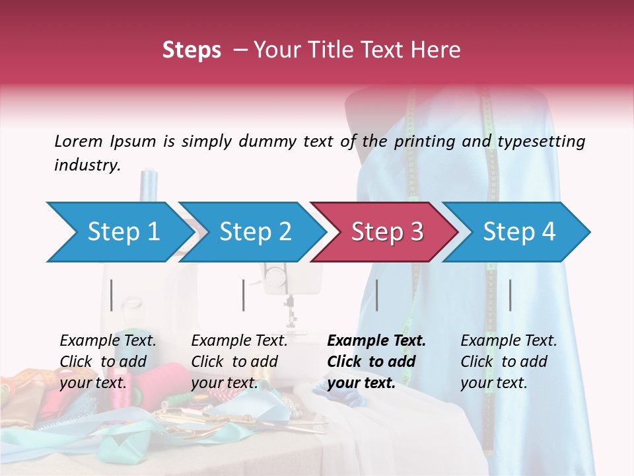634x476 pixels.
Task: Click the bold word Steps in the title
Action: coord(192,50)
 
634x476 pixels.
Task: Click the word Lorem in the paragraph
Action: coord(78,141)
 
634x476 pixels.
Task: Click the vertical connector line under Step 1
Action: coord(112,295)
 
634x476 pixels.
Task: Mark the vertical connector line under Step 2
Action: coord(244,295)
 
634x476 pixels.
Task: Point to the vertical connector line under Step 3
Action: coord(376,295)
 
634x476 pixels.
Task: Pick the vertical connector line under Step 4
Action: coord(510,295)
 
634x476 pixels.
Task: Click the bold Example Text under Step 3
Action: coord(376,341)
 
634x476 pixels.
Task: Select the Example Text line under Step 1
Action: coord(108,341)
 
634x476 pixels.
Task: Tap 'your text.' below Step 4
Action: coord(493,383)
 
